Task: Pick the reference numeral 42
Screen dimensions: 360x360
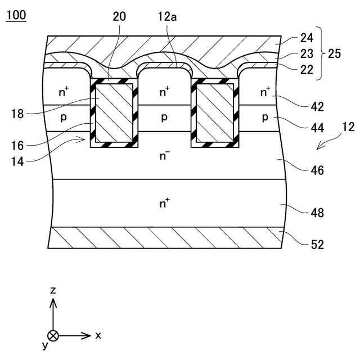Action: [317, 106]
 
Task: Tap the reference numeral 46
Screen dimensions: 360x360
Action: [317, 170]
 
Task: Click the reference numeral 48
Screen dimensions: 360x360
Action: [317, 213]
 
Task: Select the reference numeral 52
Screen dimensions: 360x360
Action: [317, 244]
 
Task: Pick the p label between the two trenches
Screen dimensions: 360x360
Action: [164, 117]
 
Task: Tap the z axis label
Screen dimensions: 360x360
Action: [53, 290]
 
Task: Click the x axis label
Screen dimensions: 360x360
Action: [98, 335]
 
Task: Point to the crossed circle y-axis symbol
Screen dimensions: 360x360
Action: [53, 336]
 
